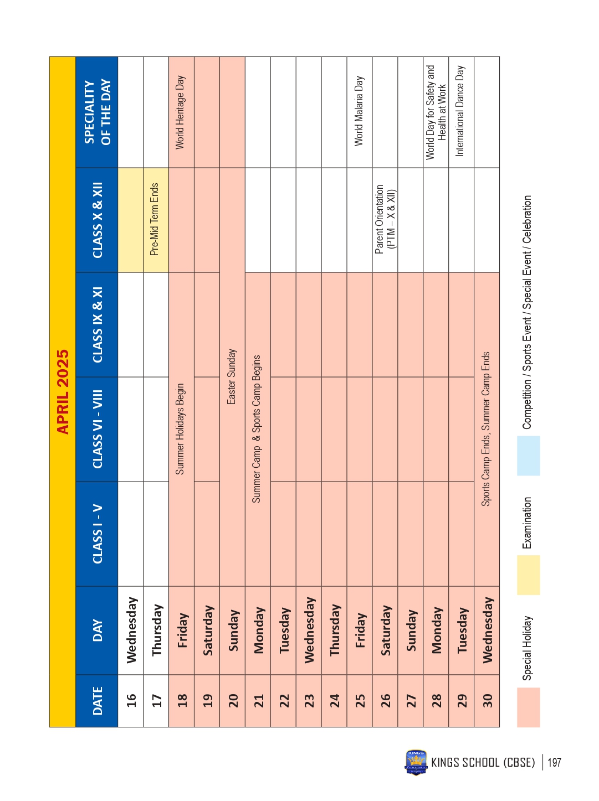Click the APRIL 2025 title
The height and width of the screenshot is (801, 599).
[x=63, y=391]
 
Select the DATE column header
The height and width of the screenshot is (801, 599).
[x=97, y=700]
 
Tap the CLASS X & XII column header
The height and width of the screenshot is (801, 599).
[x=97, y=220]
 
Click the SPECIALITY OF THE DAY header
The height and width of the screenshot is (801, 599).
[x=97, y=112]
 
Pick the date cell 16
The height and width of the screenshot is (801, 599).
[x=131, y=700]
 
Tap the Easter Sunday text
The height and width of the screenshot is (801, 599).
[x=232, y=376]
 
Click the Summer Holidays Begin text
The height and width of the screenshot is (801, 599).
[x=180, y=429]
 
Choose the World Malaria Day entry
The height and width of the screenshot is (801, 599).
[x=359, y=111]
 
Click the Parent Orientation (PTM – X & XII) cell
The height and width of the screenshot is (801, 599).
[x=385, y=219]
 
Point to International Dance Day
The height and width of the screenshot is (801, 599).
[x=460, y=111]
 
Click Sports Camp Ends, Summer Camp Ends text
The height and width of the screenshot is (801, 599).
[x=486, y=429]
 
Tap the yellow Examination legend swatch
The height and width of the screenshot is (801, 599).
[x=141, y=575]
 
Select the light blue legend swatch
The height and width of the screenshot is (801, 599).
[x=141, y=456]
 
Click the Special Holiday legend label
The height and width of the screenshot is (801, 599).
[x=140, y=648]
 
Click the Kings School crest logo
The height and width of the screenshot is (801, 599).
[x=416, y=762]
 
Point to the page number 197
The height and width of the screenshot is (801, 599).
[x=554, y=762]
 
